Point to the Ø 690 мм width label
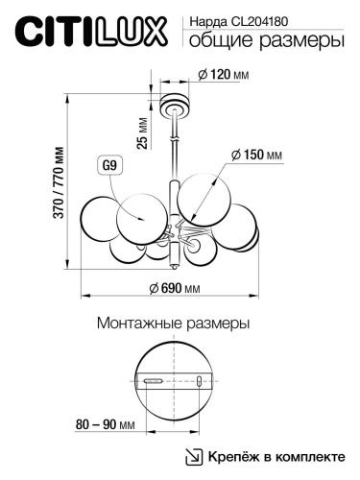pyautogui.click(x=174, y=289)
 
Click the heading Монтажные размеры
pyautogui.click(x=174, y=324)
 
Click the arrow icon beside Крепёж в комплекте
pyautogui.click(x=194, y=456)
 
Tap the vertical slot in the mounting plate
pyautogui.click(x=199, y=382)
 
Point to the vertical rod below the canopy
pyautogui.click(x=174, y=144)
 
